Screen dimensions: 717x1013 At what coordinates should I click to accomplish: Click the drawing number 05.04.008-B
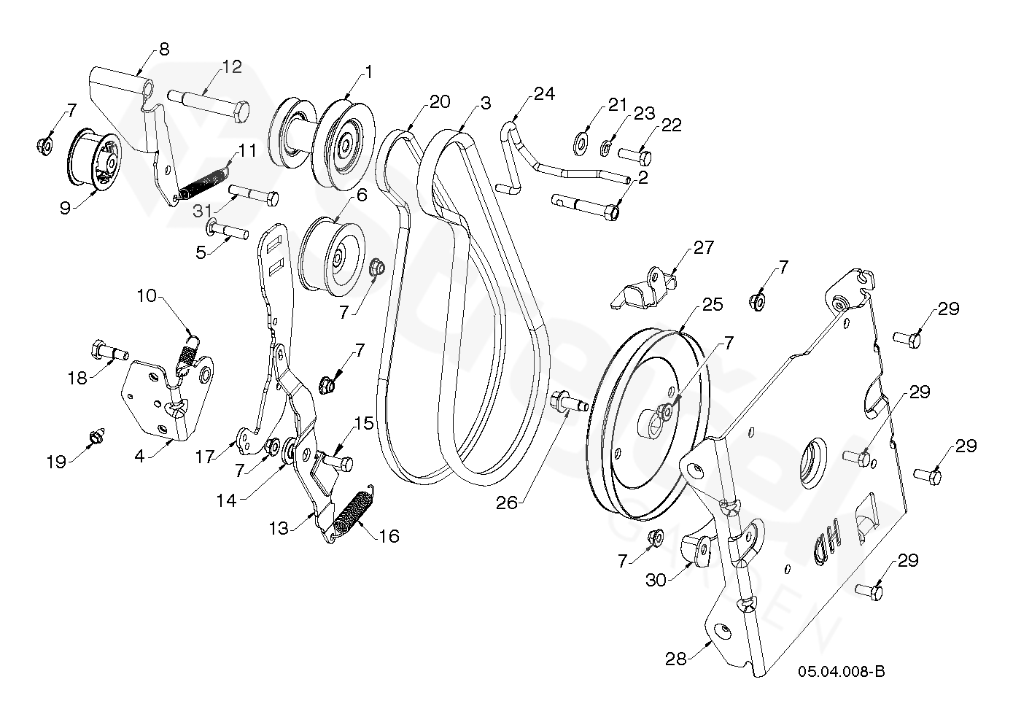click(841, 672)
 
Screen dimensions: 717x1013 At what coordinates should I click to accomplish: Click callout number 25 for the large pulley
click(713, 305)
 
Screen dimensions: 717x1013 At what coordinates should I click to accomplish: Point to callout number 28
click(675, 658)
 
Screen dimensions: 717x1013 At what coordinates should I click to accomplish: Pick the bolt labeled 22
click(635, 155)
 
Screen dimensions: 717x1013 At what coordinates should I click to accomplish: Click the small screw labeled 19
click(95, 436)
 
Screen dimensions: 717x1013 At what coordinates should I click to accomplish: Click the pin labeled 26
click(566, 400)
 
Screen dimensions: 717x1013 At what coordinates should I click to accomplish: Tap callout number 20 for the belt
click(440, 102)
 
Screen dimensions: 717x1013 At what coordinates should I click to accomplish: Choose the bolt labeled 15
click(338, 462)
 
